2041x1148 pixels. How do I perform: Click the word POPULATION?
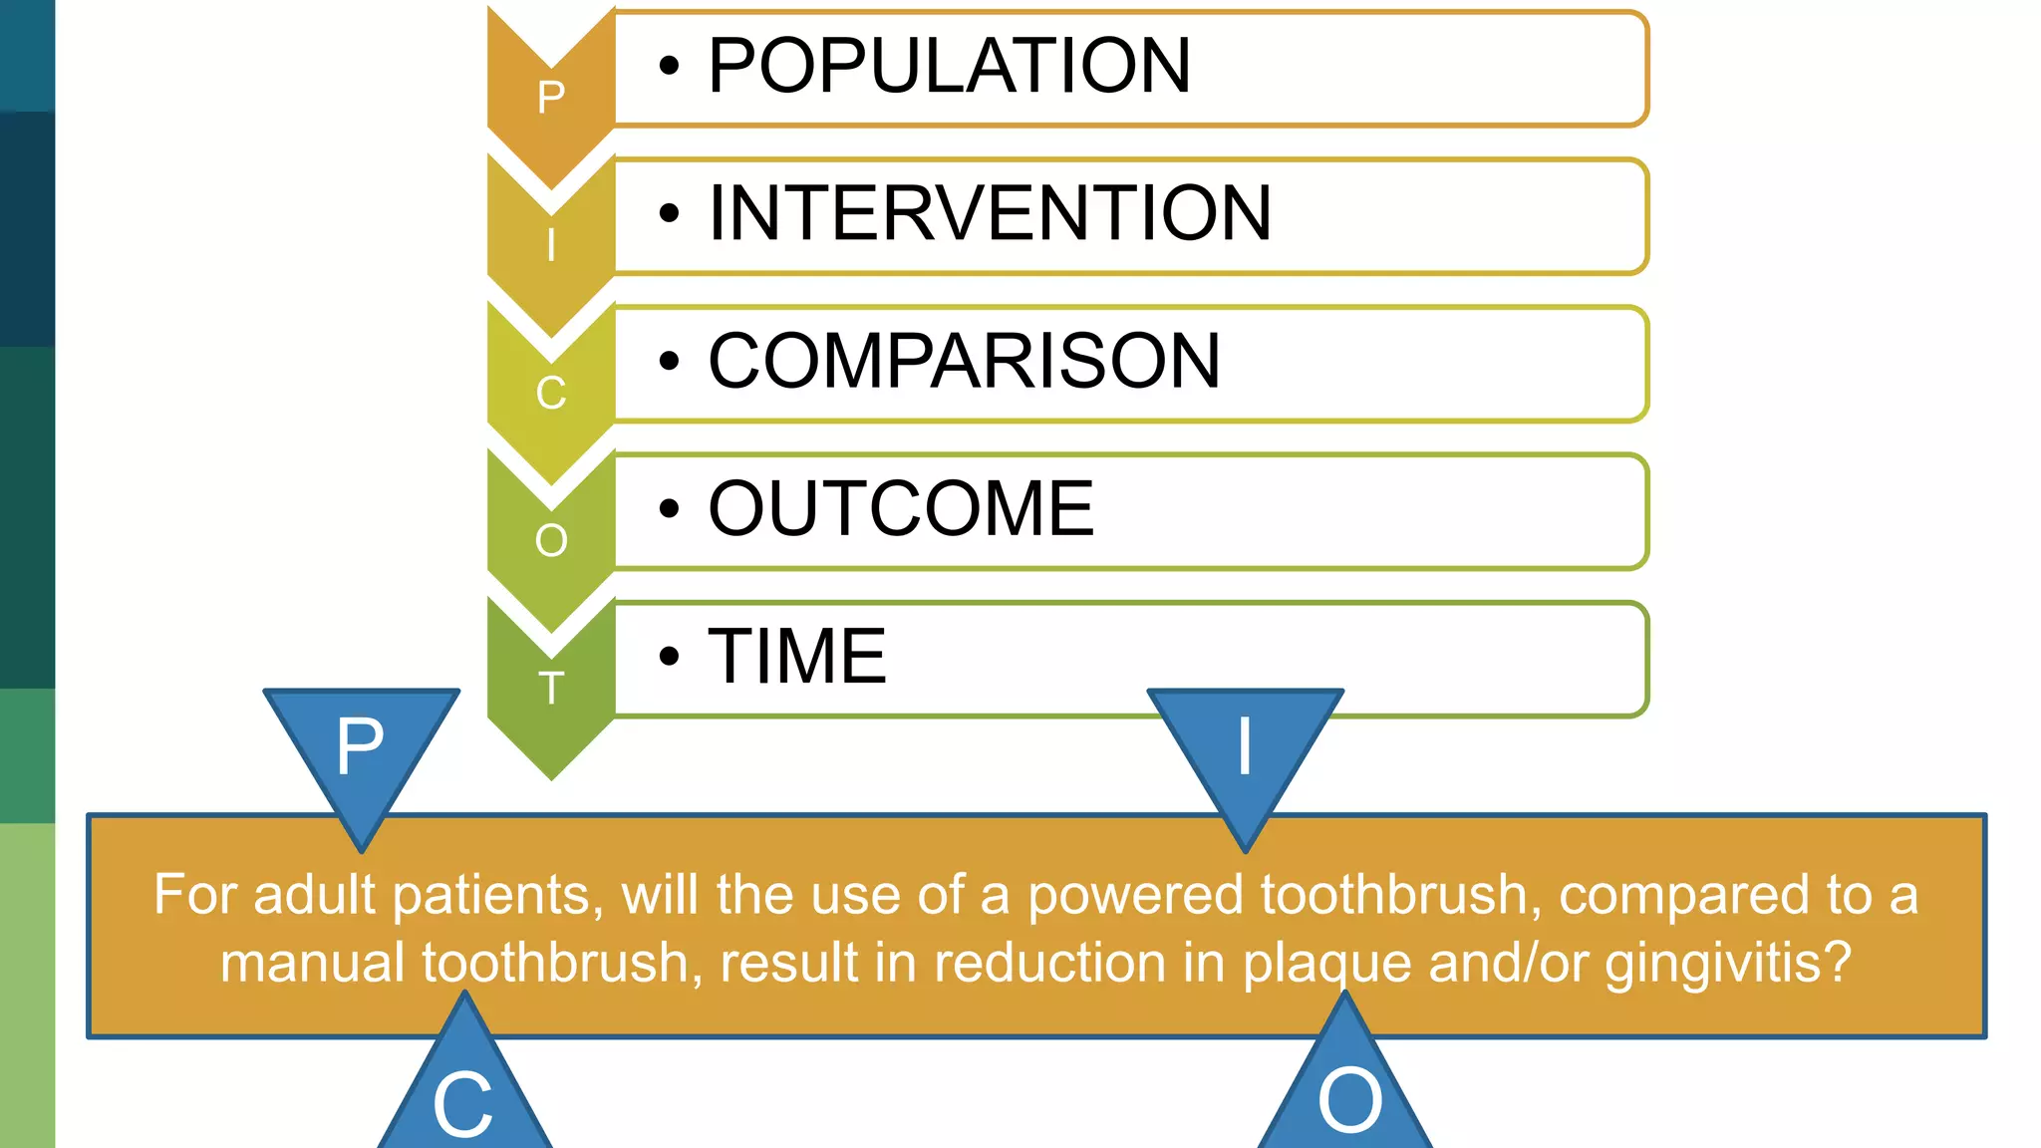click(949, 66)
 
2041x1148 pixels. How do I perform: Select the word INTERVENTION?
click(990, 213)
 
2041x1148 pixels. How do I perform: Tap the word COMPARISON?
click(964, 361)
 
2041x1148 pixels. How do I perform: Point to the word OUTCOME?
click(901, 508)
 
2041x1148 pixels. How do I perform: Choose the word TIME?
click(796, 656)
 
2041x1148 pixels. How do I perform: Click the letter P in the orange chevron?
click(551, 98)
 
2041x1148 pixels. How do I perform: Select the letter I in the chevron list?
click(551, 245)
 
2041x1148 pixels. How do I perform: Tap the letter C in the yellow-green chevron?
click(551, 393)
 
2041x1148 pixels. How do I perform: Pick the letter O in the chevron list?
click(551, 541)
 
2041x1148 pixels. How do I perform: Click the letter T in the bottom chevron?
click(551, 689)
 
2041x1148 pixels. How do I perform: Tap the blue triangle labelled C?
click(463, 1096)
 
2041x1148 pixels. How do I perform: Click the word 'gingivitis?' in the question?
click(1728, 964)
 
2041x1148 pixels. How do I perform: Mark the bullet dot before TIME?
click(669, 657)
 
